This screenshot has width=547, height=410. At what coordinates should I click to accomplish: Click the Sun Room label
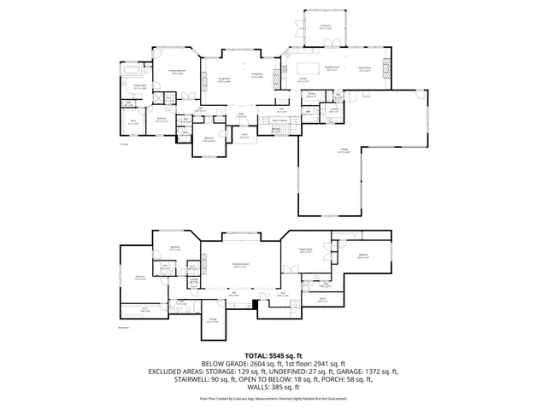(x=325, y=27)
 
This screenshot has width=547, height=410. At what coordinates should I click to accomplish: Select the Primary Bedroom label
(x=178, y=73)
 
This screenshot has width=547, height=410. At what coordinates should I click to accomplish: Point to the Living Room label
(x=224, y=79)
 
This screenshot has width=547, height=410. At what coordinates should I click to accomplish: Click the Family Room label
(x=365, y=69)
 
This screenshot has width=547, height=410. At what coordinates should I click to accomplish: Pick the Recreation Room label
(x=241, y=266)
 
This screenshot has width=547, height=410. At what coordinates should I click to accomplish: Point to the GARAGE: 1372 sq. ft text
(x=368, y=372)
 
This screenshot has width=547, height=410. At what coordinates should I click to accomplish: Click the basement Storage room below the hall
(x=213, y=321)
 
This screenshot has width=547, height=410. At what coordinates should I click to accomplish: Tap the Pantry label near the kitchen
(x=312, y=94)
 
